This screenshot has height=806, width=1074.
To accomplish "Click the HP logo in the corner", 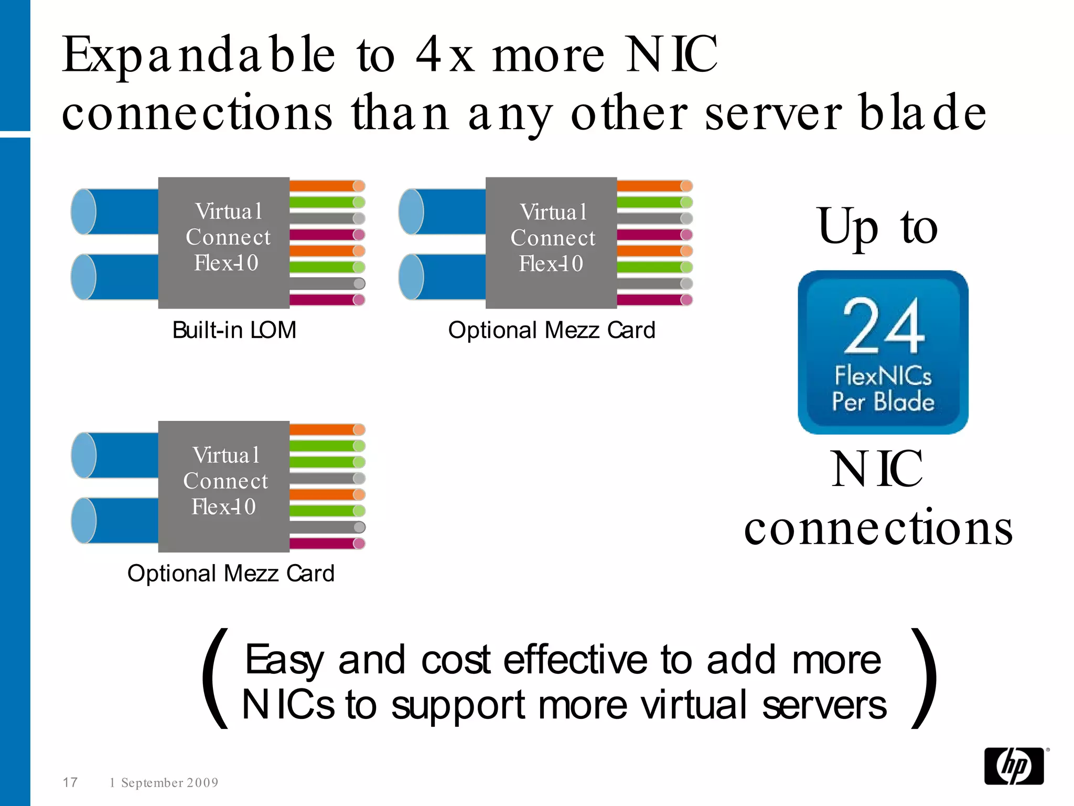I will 1014,766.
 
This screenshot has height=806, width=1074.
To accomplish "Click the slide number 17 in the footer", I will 70,782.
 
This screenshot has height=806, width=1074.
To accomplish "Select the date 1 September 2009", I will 164,782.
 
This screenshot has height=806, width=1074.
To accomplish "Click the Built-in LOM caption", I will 234,331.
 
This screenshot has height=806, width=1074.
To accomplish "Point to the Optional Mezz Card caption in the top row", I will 552,331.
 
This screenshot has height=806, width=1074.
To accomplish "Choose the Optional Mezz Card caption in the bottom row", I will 231,574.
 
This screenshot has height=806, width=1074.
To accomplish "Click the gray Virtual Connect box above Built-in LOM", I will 224,242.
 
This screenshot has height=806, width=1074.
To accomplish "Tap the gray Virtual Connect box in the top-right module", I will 551,242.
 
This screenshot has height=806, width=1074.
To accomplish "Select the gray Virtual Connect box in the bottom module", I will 224,486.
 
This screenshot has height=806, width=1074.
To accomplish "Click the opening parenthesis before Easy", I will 216,678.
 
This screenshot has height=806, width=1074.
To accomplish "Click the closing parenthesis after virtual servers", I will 924,678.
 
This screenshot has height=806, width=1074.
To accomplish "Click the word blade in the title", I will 923,113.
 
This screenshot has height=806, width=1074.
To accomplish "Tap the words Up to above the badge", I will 877,227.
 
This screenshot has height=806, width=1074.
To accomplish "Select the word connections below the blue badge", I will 878,527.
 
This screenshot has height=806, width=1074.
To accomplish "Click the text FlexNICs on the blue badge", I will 883,376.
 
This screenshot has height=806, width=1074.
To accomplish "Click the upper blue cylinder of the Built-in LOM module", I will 115,211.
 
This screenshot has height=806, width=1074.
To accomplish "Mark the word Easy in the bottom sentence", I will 284,660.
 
